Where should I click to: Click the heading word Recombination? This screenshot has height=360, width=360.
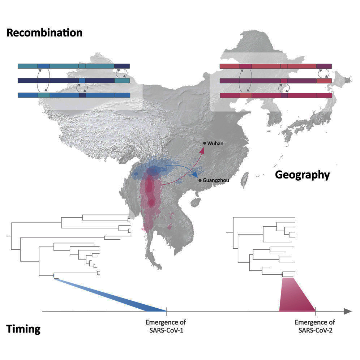pyautogui.click(x=44, y=33)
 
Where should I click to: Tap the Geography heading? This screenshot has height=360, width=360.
pyautogui.click(x=302, y=175)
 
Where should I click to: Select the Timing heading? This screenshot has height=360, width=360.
pyautogui.click(x=23, y=329)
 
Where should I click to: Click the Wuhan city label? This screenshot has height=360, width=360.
pyautogui.click(x=215, y=143)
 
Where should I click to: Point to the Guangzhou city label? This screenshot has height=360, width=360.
pyautogui.click(x=216, y=180)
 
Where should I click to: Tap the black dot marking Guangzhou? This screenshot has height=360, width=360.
pyautogui.click(x=200, y=180)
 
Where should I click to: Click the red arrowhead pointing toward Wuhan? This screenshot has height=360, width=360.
pyautogui.click(x=202, y=151)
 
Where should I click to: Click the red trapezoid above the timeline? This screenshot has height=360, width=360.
pyautogui.click(x=296, y=296)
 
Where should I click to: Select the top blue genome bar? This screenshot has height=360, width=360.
pyautogui.click(x=73, y=66)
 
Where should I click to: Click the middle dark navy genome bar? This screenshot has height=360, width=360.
pyautogui.click(x=73, y=81)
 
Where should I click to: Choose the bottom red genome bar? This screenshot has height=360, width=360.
pyautogui.click(x=276, y=95)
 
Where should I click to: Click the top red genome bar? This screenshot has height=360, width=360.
pyautogui.click(x=276, y=66)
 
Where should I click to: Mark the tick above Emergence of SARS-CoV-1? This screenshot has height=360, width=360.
pyautogui.click(x=166, y=310)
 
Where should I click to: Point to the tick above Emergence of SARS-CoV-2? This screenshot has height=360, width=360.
pyautogui.click(x=316, y=310)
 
